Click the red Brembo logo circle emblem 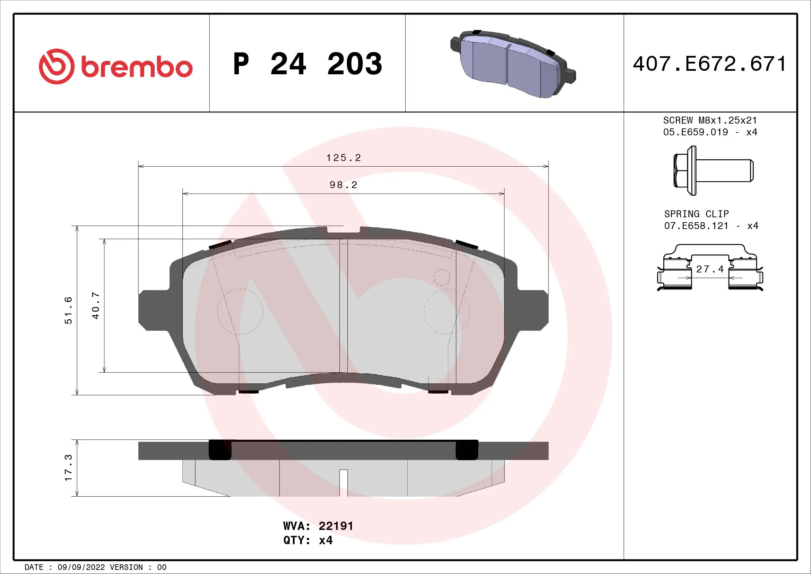click(57, 66)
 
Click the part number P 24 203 click(307, 64)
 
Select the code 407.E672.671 click(709, 64)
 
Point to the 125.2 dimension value click(343, 158)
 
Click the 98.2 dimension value click(343, 185)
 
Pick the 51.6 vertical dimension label click(68, 310)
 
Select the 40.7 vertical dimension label click(96, 305)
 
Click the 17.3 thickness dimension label click(68, 467)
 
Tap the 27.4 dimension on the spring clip click(710, 269)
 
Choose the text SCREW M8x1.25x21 click(710, 120)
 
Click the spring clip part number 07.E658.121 click(696, 226)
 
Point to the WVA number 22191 click(336, 526)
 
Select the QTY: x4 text click(308, 540)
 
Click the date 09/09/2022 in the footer click(81, 567)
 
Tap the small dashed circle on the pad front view click(441, 277)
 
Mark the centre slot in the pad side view click(343, 482)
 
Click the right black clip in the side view click(467, 450)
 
